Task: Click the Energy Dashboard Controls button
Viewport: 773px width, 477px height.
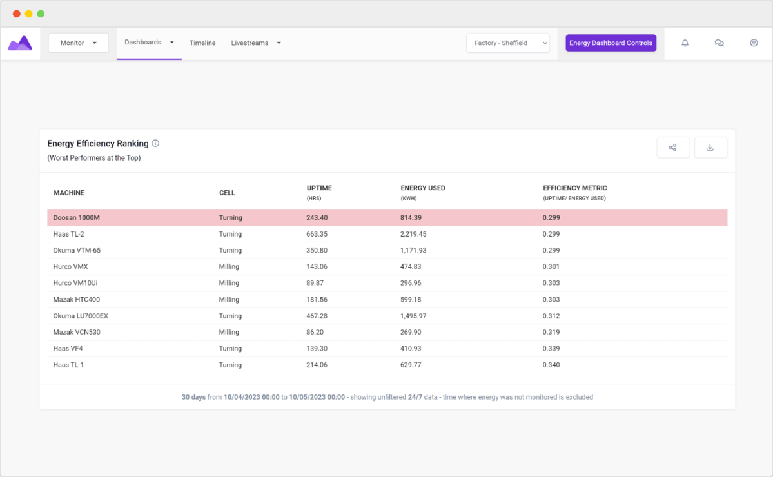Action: point(611,43)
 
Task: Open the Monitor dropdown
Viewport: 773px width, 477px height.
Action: point(78,43)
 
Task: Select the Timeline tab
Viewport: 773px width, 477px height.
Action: point(202,43)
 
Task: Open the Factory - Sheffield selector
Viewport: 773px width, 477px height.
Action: point(508,43)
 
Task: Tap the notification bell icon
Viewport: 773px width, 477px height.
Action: point(685,43)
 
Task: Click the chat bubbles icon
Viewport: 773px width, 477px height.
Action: point(719,43)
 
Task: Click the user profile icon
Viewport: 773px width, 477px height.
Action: point(754,43)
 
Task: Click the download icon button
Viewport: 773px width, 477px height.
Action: point(710,148)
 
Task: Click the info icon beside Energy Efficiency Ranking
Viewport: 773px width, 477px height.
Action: point(155,144)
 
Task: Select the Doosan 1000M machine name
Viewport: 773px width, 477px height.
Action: point(77,218)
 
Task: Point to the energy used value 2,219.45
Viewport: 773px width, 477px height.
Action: point(413,234)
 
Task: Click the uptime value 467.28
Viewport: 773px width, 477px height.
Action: point(317,316)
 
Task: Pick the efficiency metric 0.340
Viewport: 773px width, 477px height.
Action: point(551,365)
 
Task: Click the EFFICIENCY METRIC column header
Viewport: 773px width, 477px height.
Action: point(574,188)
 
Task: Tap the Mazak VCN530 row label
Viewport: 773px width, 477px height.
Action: point(77,332)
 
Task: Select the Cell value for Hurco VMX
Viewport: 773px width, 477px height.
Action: point(229,266)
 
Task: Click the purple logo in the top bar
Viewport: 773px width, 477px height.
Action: point(20,43)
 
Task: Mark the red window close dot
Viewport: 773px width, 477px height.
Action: point(17,14)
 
